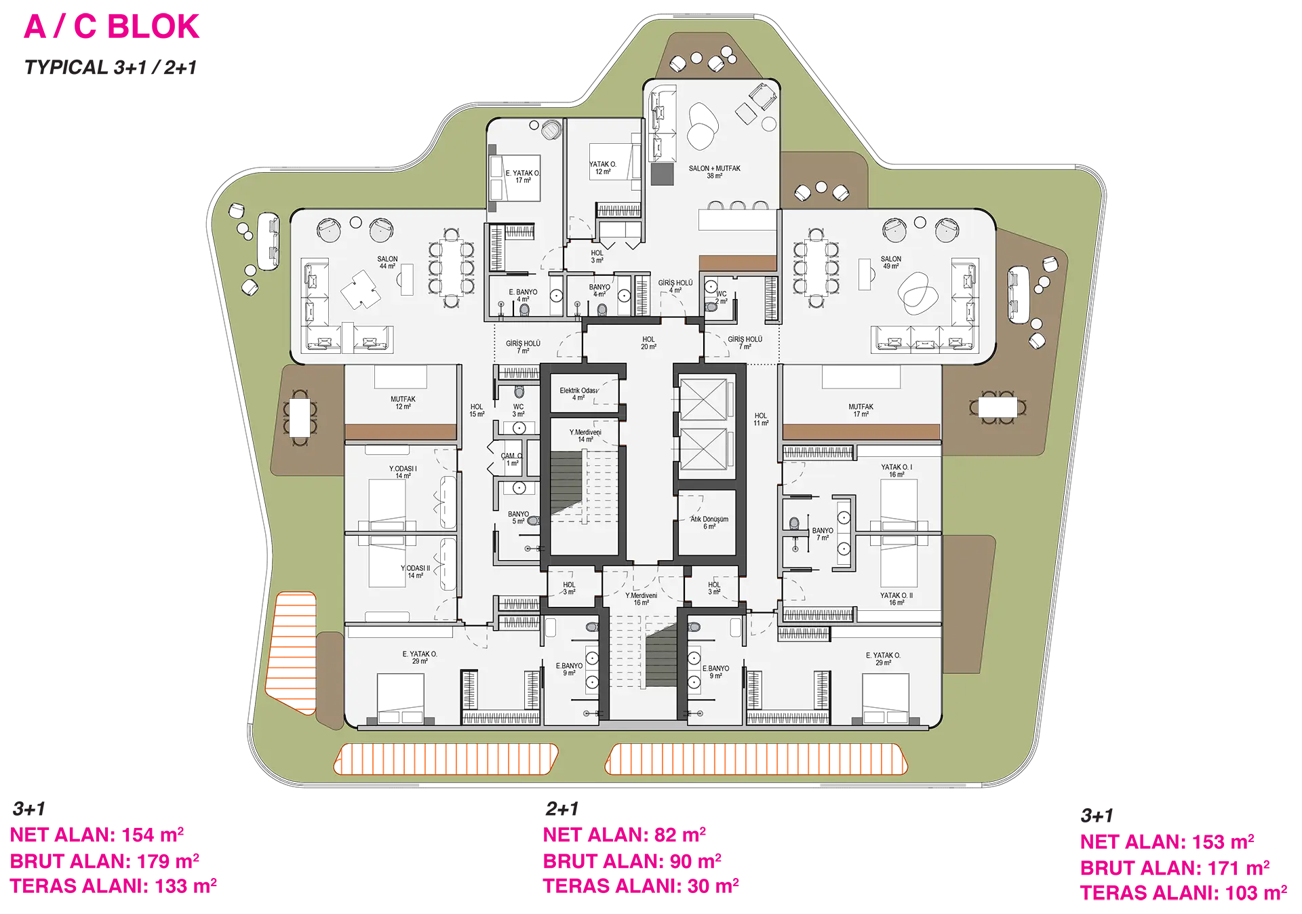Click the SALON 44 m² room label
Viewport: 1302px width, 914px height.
coord(388,262)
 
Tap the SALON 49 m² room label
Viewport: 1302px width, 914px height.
coord(891,262)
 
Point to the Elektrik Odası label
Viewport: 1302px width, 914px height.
coord(578,394)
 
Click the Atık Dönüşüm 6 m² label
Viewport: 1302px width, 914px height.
coord(709,522)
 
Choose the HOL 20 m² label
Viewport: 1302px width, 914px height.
coord(648,343)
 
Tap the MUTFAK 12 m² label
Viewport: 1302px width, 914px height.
coord(403,403)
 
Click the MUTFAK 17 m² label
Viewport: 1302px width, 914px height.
coord(861,410)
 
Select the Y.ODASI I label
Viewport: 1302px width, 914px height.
coord(403,472)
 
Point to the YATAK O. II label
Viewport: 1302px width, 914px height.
coord(896,599)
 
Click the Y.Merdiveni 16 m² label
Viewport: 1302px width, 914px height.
coord(641,599)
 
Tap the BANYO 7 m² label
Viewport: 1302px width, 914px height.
coord(823,534)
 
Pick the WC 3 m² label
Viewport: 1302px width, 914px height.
coord(518,411)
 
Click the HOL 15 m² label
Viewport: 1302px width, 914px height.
coord(477,411)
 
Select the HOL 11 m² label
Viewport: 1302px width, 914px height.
coord(761,419)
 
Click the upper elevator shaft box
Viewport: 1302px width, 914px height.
coord(703,400)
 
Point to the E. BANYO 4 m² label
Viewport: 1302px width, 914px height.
coord(523,296)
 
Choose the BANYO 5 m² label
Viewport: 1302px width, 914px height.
coord(518,518)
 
